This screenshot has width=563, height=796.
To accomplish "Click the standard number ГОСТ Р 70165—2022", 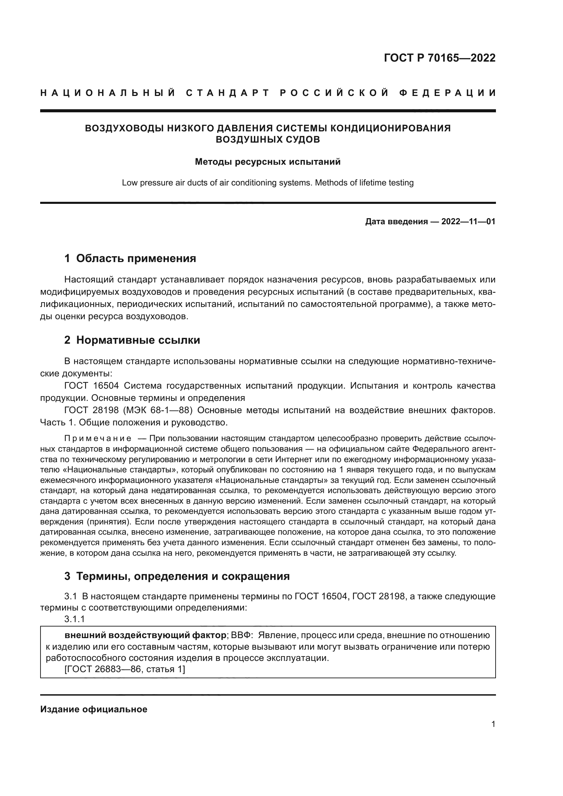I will pos(439,58).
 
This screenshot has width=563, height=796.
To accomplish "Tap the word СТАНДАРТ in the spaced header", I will pos(228,93).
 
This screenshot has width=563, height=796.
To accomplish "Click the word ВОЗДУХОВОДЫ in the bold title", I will pos(124,128).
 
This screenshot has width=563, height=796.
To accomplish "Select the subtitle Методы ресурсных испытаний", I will pos(268,162).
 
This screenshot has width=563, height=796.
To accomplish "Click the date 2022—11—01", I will pos(468,222).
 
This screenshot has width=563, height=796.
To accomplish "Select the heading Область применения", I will pos(136,258).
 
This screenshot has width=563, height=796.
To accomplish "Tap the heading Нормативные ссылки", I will pos(138,340).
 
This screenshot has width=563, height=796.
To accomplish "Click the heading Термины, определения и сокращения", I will pos(183,576).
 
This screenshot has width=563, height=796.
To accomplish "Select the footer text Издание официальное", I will pos(94,709).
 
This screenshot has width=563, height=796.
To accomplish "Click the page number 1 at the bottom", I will pos(493,724).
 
